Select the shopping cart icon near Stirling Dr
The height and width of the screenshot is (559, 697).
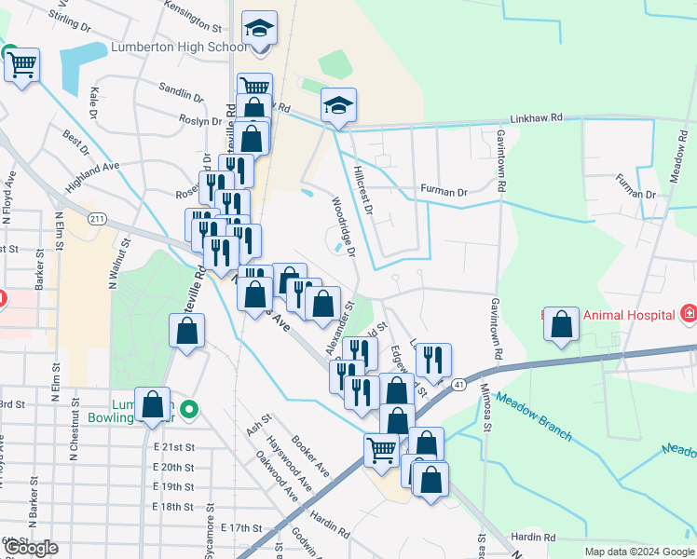pyautogui.click(x=21, y=66)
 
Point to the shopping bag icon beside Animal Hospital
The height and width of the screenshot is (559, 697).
pyautogui.click(x=561, y=325)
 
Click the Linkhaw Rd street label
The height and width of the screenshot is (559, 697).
pyautogui.click(x=536, y=118)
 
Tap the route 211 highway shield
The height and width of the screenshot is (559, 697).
pyautogui.click(x=97, y=218)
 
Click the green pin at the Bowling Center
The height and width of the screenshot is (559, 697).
pyautogui.click(x=189, y=408)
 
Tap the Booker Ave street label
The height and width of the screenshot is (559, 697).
pyautogui.click(x=309, y=456)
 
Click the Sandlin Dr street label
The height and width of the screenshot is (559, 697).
pyautogui.click(x=181, y=90)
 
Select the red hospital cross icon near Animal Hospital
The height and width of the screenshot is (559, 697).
pyautogui.click(x=688, y=314)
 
